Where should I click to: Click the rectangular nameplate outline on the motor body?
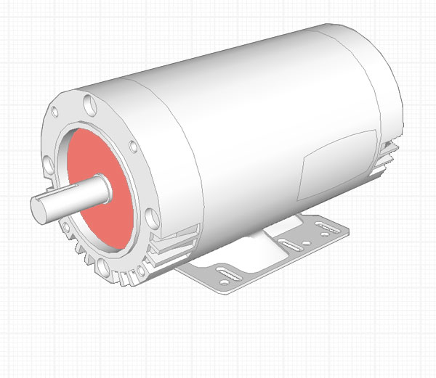pyautogui.click(x=338, y=163)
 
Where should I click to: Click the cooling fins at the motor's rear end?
pyautogui.click(x=389, y=156)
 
